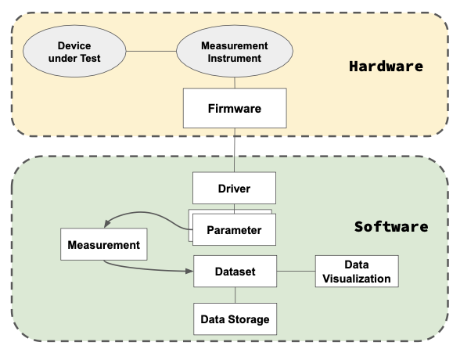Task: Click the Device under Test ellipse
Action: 74,51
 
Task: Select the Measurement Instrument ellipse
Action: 235,51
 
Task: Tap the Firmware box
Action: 235,108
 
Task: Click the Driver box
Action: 234,188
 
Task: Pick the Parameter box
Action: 234,230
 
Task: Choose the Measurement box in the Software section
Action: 104,244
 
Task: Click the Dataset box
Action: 235,271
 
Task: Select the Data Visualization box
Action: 357,271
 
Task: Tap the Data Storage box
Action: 235,319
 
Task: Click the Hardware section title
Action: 386,67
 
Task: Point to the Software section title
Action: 391,226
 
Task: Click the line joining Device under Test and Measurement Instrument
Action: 151,52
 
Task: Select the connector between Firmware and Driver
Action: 235,150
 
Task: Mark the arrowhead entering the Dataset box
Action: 189,271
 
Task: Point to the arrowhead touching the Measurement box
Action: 106,224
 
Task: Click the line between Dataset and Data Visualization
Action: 296,271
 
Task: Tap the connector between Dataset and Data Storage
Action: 235,295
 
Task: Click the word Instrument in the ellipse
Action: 235,58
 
